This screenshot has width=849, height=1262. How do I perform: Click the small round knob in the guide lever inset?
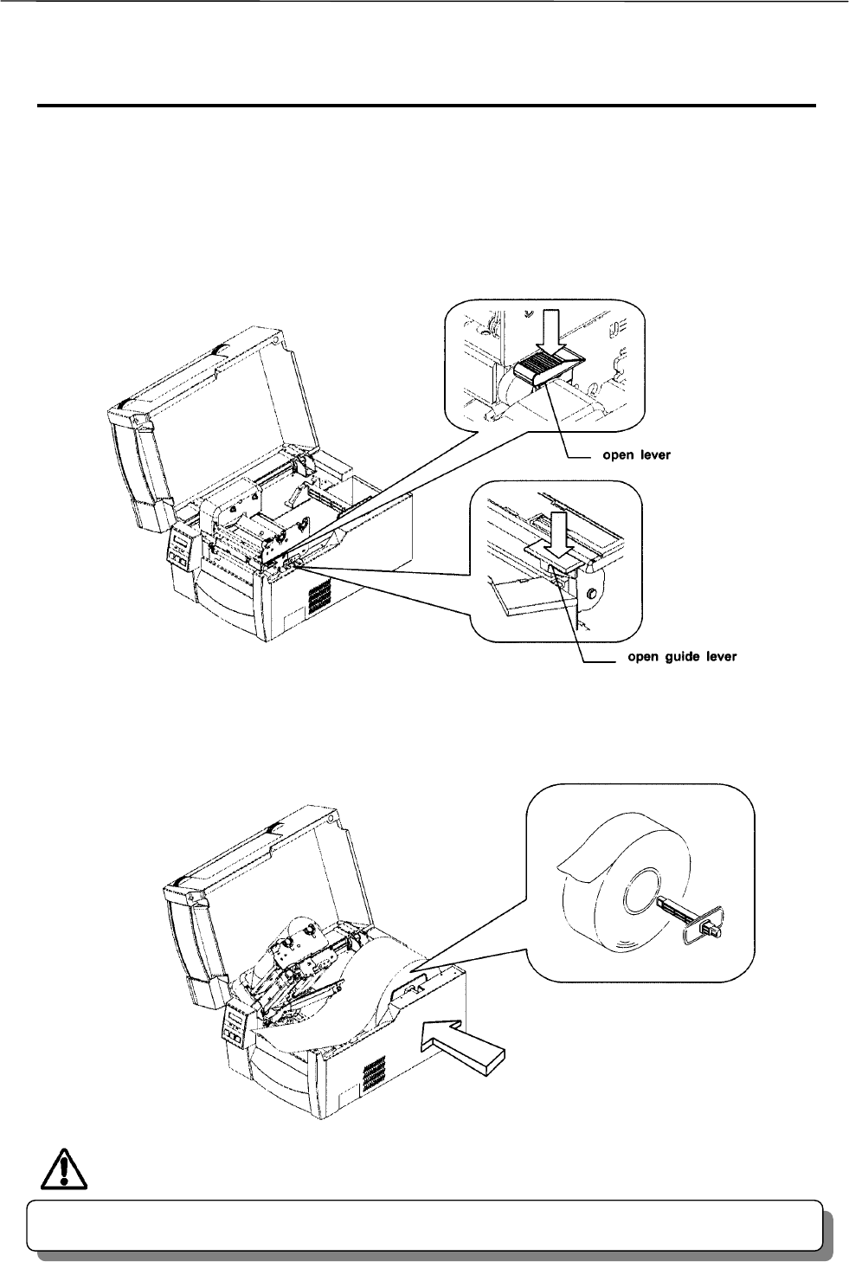tap(591, 595)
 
